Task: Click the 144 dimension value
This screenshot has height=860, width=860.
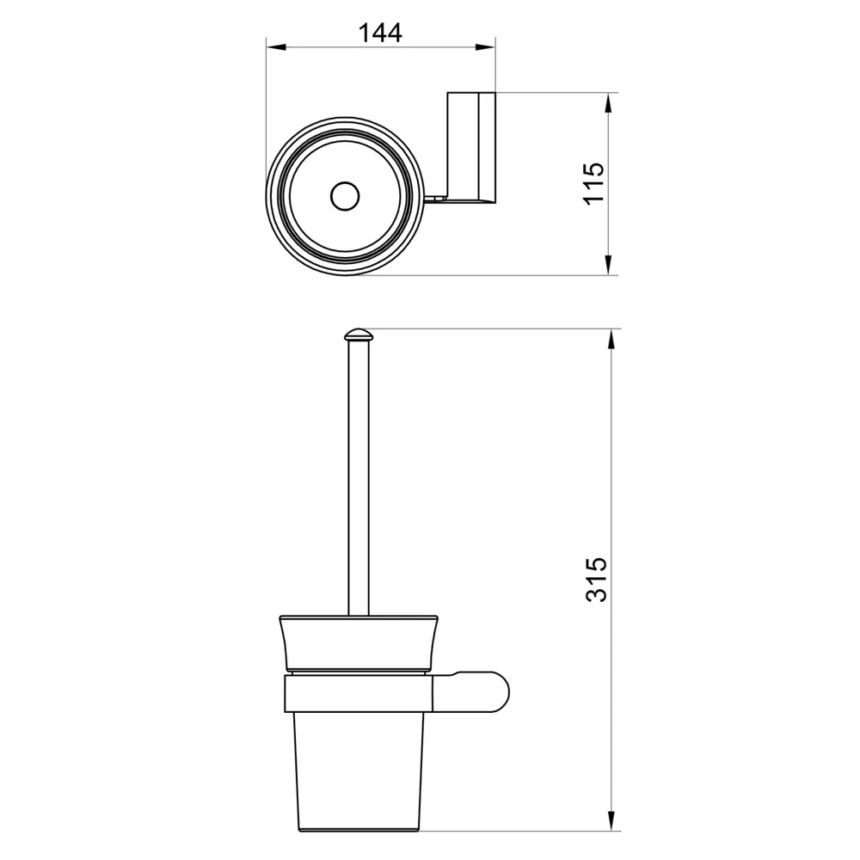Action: click(x=380, y=33)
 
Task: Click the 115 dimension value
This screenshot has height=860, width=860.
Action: click(x=593, y=184)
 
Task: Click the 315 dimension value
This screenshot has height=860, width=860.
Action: click(x=597, y=580)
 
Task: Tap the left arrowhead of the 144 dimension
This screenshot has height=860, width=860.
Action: click(x=276, y=47)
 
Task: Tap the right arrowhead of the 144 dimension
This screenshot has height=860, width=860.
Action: click(x=485, y=47)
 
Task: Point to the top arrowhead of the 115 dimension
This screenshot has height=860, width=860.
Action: click(x=608, y=103)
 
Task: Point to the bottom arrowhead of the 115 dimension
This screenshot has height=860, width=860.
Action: click(x=608, y=264)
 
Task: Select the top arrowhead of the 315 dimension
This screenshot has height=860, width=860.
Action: click(x=611, y=340)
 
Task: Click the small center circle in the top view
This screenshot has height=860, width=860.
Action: click(x=345, y=196)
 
